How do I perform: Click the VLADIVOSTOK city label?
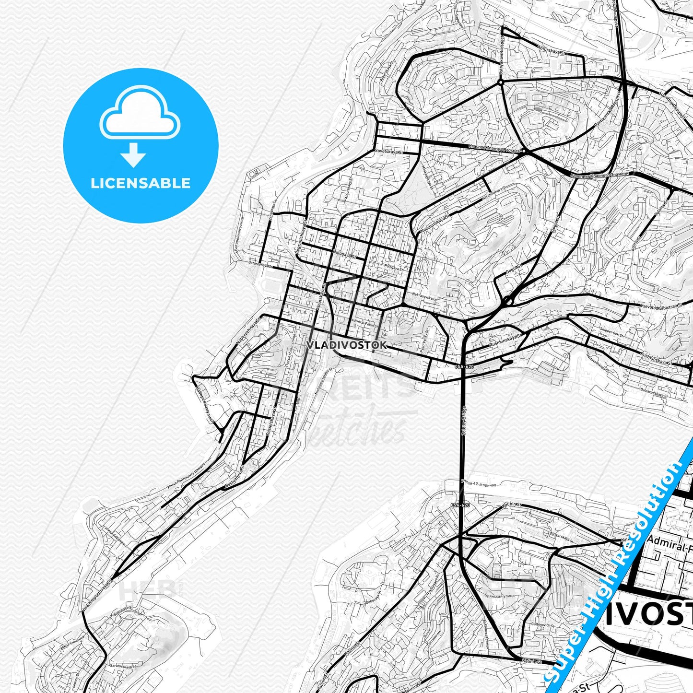[x=346, y=345]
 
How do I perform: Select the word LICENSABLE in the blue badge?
[x=141, y=183]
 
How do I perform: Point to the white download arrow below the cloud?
[x=133, y=155]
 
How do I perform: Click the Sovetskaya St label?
[x=388, y=152]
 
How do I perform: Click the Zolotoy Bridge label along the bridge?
[x=464, y=421]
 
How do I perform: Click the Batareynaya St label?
[x=260, y=264]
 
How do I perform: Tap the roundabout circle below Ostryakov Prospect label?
[x=500, y=82]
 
